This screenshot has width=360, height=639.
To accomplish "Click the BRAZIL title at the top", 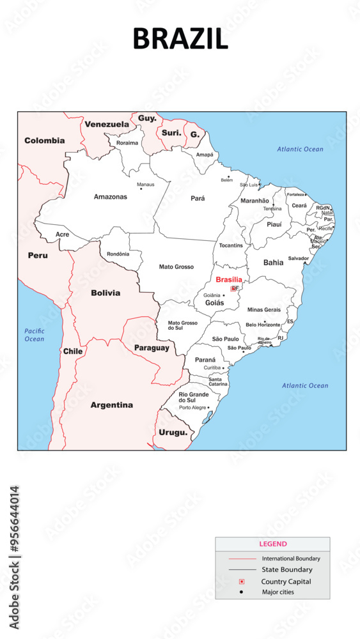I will pyautogui.click(x=180, y=39).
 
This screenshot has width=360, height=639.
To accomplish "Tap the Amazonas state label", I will pyautogui.click(x=110, y=197).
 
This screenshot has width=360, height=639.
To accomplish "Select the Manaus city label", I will pyautogui.click(x=146, y=185).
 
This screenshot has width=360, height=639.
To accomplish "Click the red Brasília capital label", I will pyautogui.click(x=229, y=280).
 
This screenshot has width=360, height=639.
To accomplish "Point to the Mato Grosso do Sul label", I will pyautogui.click(x=182, y=325).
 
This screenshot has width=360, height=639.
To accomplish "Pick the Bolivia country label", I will pyautogui.click(x=106, y=293).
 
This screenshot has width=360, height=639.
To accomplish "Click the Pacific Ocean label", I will pyautogui.click(x=35, y=335).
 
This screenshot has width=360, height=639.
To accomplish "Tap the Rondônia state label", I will pyautogui.click(x=118, y=254).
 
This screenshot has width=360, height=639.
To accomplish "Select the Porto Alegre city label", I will pyautogui.click(x=192, y=407).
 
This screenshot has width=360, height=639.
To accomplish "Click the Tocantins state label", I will pyautogui.click(x=231, y=245).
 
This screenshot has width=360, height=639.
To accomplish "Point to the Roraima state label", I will pyautogui.click(x=127, y=142).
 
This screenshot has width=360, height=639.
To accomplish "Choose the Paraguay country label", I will pyautogui.click(x=152, y=348).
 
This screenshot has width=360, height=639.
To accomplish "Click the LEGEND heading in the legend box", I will pyautogui.click(x=272, y=544).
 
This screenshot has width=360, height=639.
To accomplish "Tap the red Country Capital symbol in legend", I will pyautogui.click(x=241, y=581).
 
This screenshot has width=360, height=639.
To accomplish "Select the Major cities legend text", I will pyautogui.click(x=278, y=592).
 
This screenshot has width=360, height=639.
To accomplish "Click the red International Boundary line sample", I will pyautogui.click(x=241, y=558).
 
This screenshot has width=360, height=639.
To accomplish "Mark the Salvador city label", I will pyautogui.click(x=298, y=258).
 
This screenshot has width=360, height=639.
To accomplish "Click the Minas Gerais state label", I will pyautogui.click(x=263, y=309).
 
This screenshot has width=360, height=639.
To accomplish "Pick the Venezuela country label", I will pyautogui.click(x=107, y=124).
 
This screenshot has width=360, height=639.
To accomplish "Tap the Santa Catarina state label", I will pyautogui.click(x=217, y=381).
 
